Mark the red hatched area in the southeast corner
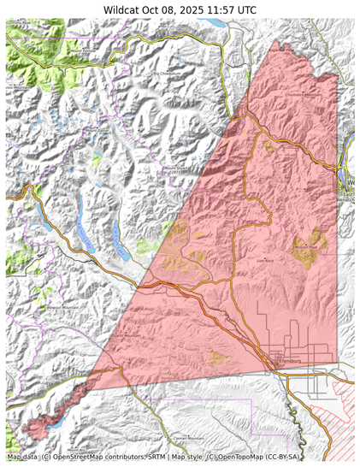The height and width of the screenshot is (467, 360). pyautogui.click(x=338, y=402)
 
